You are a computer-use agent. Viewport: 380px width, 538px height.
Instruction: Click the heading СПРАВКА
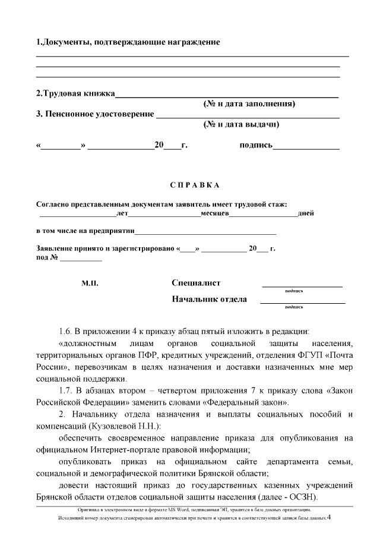point(189,185)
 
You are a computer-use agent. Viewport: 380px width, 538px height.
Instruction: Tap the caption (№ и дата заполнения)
point(249,104)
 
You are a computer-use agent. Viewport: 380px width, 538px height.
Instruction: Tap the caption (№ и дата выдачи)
point(241,125)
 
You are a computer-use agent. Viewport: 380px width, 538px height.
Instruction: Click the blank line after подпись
point(306,146)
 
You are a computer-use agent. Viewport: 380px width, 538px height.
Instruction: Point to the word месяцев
point(214,213)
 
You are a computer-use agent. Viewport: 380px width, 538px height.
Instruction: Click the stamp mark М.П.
point(90,284)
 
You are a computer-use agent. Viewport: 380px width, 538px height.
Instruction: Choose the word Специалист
point(196,284)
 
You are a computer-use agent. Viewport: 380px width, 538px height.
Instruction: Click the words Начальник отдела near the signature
point(209,299)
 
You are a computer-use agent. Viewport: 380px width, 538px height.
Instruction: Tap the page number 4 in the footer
point(328,518)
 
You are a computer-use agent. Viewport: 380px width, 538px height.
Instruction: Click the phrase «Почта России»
point(332,356)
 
